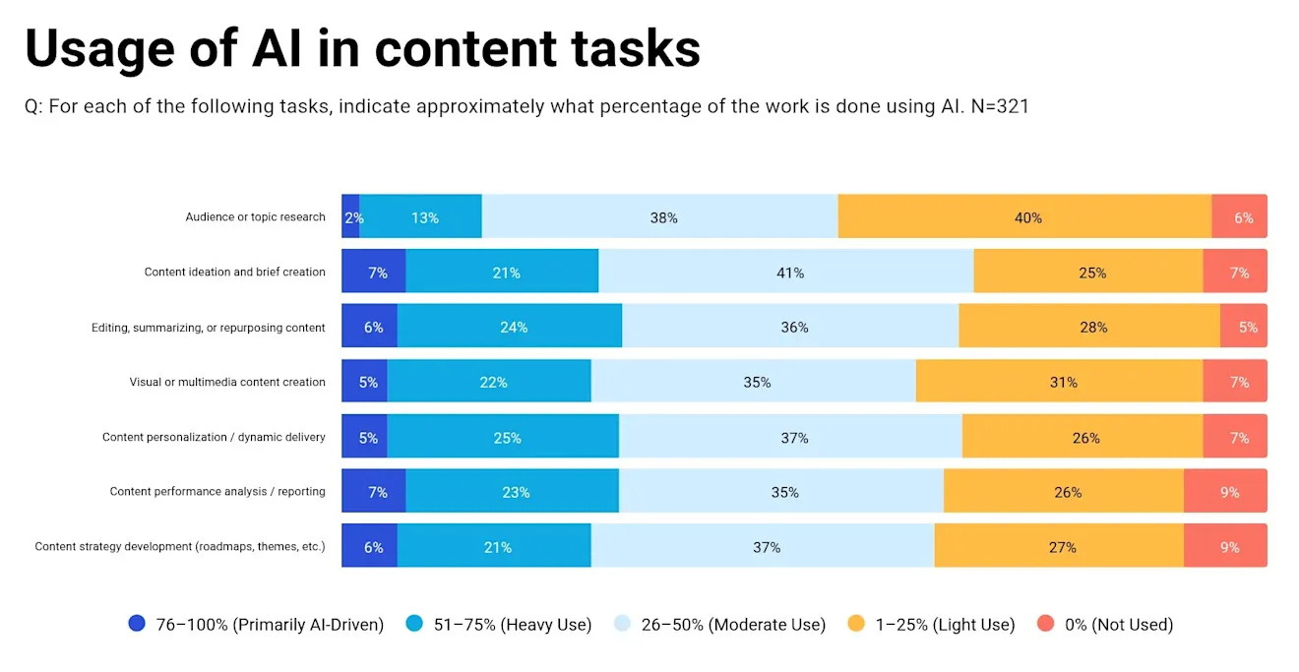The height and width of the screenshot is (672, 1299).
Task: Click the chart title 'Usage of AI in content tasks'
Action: [x=362, y=49]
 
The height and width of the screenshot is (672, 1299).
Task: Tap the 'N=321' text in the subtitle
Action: [x=998, y=106]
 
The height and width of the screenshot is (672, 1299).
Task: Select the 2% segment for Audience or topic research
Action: [x=351, y=217]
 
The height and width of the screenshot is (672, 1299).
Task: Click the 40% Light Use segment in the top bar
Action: [x=1026, y=217]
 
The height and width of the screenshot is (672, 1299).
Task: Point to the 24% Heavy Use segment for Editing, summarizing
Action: [x=512, y=327]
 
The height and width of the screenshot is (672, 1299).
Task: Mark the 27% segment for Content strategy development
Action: [x=1061, y=547]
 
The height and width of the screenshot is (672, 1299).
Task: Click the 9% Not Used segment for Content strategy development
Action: [x=1227, y=547]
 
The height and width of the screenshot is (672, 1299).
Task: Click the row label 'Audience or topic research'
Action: [x=255, y=217]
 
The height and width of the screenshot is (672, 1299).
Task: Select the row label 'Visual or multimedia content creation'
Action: [x=227, y=382]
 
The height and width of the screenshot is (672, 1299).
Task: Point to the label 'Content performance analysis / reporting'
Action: [x=217, y=492]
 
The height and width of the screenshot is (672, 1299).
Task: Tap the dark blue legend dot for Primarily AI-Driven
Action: [x=137, y=624]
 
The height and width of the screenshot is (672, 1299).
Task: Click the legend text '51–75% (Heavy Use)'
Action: [x=513, y=624]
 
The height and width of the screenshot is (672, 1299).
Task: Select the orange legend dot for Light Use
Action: [x=856, y=624]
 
